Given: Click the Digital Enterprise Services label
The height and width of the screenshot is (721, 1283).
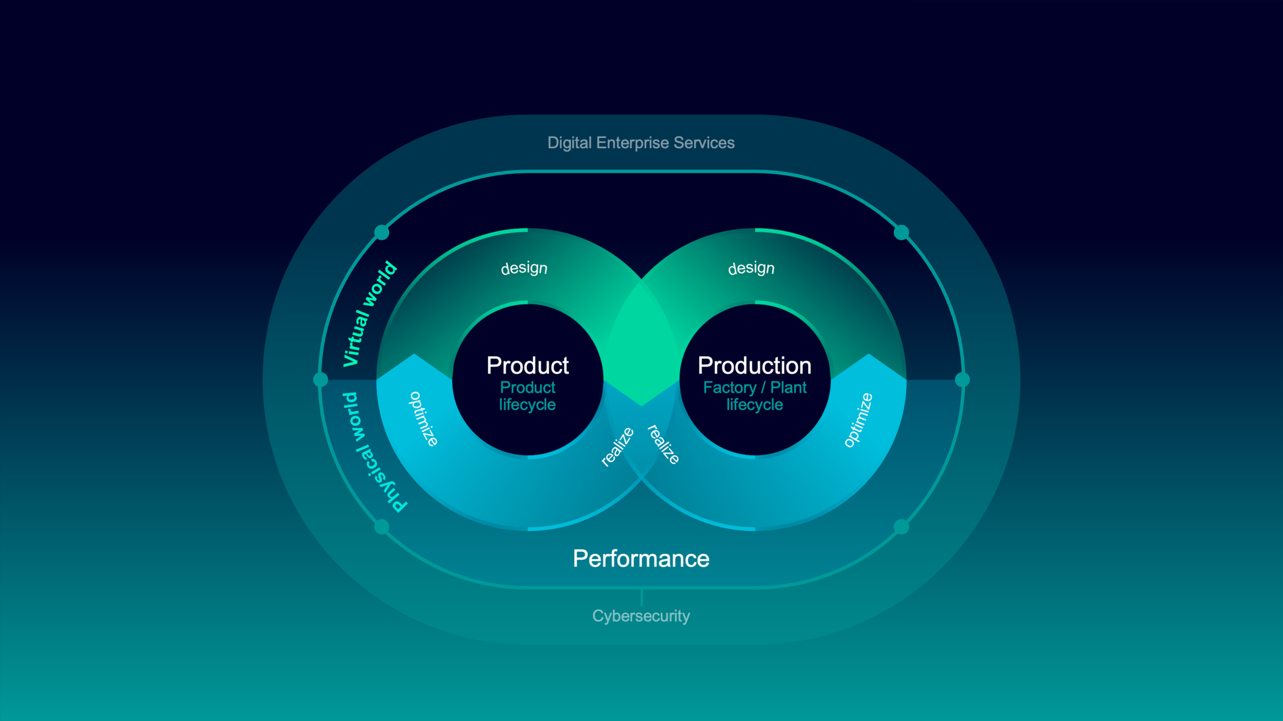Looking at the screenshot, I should (641, 143).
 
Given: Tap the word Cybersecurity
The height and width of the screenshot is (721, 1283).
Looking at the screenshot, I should (641, 616).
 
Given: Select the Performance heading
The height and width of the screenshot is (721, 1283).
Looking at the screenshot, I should (641, 559).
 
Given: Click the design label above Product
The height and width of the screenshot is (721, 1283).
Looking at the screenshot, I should (524, 268).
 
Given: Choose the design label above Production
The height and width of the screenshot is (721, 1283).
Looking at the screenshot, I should (751, 268).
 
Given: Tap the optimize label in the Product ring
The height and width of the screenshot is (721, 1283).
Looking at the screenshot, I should (423, 419).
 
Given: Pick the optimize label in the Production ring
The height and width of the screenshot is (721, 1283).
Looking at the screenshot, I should (859, 420).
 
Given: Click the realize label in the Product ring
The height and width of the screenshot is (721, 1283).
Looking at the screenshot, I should (618, 446).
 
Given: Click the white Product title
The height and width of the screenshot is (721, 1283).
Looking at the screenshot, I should (527, 366).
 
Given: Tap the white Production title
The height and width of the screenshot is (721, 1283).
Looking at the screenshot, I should (755, 366).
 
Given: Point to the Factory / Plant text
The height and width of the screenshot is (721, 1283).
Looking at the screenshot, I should (755, 388).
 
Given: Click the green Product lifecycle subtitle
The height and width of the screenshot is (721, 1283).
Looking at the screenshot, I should (527, 396).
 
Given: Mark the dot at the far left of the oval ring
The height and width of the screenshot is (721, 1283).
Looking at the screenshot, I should (321, 380).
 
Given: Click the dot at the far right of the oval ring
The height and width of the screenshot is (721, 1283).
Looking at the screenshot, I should (962, 380).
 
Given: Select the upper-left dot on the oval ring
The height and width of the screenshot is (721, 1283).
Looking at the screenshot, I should (382, 232).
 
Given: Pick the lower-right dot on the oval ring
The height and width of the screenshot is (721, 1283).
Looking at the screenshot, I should (901, 526).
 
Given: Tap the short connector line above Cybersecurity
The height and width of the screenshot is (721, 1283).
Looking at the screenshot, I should (641, 597).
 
